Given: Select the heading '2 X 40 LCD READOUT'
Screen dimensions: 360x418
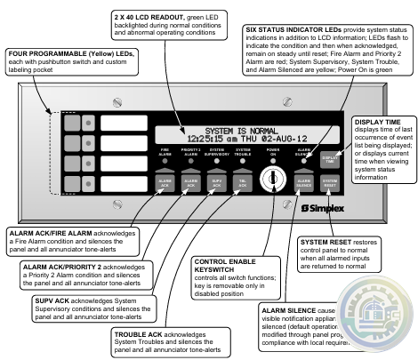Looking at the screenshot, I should [143, 17].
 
